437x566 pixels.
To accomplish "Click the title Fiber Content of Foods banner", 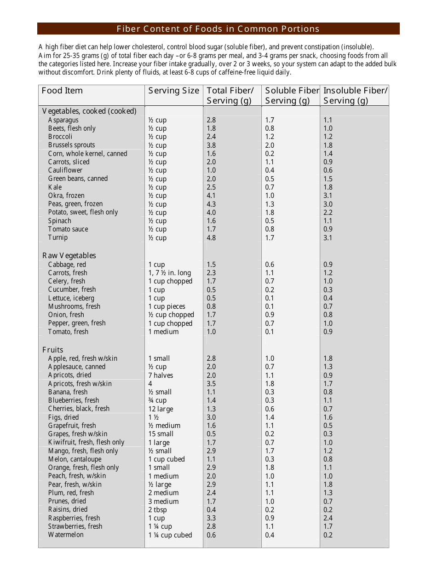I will click(218, 29).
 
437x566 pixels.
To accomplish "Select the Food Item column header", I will click(62, 91).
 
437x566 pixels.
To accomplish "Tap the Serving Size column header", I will click(173, 91).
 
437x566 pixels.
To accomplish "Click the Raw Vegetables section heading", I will click(69, 255).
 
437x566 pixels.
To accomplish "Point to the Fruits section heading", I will click(53, 350).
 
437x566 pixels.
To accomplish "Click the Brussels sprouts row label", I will click(71, 145).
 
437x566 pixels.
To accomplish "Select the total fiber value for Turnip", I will click(211, 238).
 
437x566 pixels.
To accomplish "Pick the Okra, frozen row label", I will click(66, 196).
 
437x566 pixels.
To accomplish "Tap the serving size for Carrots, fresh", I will click(169, 273).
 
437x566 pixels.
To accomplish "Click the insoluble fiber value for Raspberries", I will click(328, 518).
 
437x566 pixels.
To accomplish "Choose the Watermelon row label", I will click(66, 535).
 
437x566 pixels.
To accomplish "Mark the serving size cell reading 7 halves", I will click(161, 375).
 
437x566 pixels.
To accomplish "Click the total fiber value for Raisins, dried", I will click(211, 510).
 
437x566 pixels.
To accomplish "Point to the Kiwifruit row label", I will click(86, 442).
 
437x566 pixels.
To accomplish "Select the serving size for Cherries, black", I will click(161, 409).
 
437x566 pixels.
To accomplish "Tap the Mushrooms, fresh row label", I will click(74, 306).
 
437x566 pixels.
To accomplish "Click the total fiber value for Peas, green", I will click(211, 204).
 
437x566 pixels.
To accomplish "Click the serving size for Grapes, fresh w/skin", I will click(161, 434).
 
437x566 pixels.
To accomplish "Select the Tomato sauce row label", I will click(68, 229).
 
